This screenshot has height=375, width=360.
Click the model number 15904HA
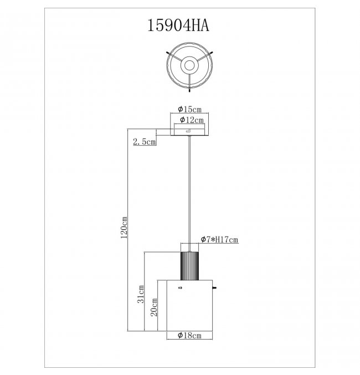[x=178, y=25]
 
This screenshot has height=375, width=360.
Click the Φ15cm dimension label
[x=189, y=109]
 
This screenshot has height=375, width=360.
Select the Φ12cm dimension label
[x=192, y=120]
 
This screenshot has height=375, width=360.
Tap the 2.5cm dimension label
[x=144, y=142]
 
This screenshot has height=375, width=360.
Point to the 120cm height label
[x=124, y=228]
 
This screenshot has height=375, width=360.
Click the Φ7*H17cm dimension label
[x=219, y=239]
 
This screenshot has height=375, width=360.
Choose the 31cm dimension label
[x=141, y=294]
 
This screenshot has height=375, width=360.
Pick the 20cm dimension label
[x=154, y=307]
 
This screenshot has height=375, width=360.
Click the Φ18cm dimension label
[x=189, y=335]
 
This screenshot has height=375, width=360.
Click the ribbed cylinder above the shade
[x=189, y=266]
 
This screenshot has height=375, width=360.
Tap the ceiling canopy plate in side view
[x=189, y=132]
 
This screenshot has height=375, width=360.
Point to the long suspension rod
[x=189, y=193]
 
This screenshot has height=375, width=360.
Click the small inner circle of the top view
[x=189, y=65]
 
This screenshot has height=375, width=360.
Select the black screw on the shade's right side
[x=214, y=287]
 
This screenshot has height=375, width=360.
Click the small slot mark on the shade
[x=181, y=287]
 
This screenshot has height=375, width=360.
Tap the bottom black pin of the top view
[x=189, y=91]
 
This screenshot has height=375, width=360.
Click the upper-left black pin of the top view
[x=168, y=53]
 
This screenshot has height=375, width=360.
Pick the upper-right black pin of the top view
[x=211, y=53]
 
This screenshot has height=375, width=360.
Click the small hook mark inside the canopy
[x=188, y=131]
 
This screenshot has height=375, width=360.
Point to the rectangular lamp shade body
[x=189, y=305]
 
